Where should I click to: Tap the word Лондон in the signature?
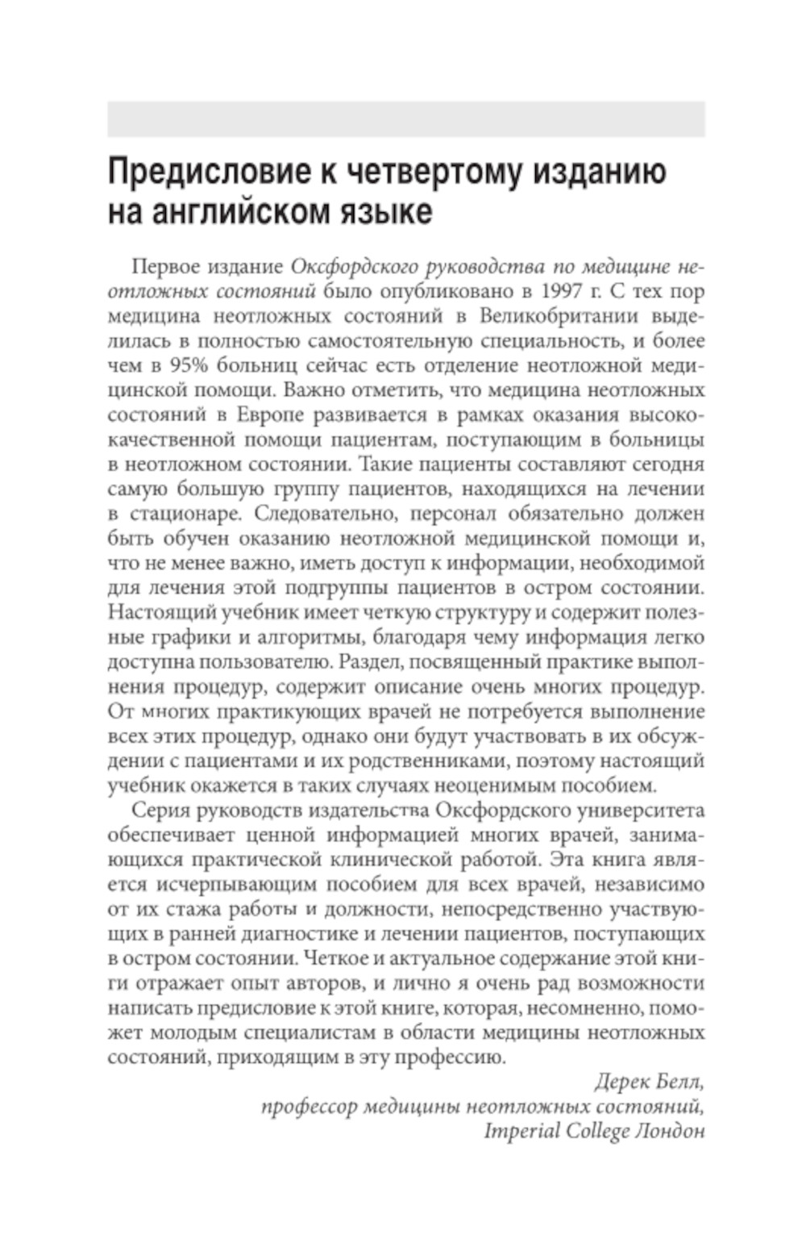[x=671, y=1131]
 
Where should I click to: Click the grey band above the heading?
[x=405, y=119]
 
